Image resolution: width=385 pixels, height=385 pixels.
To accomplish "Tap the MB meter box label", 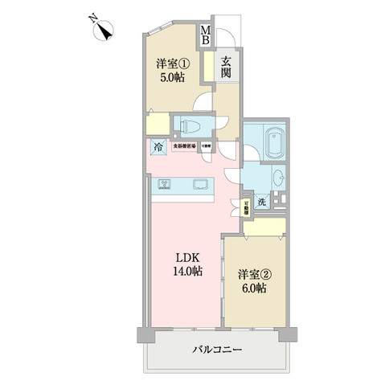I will [205, 35].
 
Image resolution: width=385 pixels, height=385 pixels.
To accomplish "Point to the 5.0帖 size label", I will [170, 80].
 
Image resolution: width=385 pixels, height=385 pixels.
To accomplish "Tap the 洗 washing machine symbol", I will [262, 202].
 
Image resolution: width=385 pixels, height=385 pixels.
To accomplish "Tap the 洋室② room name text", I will [254, 274].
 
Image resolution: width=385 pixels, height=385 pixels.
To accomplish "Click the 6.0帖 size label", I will [254, 288].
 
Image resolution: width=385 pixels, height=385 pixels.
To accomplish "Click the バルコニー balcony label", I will [216, 350].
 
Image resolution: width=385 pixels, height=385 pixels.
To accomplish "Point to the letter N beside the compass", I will [92, 17].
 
